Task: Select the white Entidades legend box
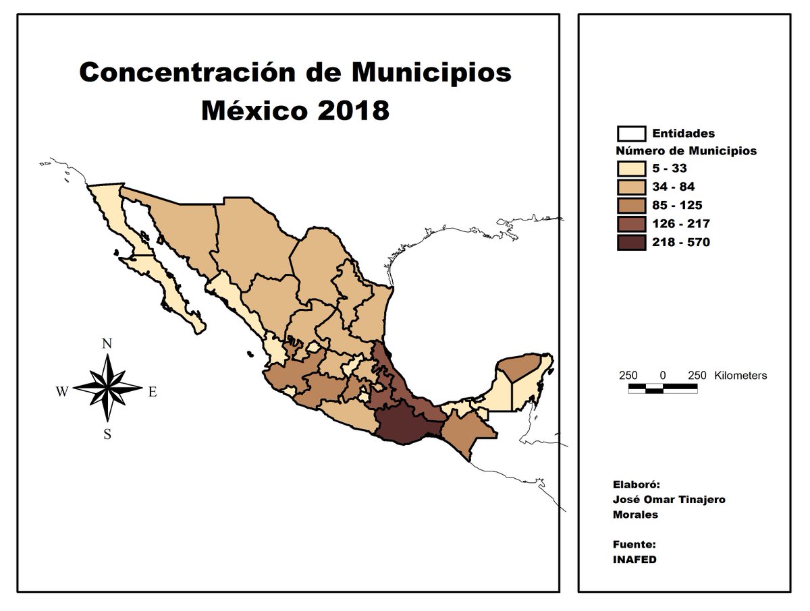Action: point(632,134)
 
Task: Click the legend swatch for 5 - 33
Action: point(632,169)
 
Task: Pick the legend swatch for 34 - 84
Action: point(632,187)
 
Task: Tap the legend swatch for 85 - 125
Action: point(632,205)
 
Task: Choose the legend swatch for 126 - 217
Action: point(632,223)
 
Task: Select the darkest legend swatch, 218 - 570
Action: point(632,241)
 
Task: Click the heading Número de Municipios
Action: point(686,151)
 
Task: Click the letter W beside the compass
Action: point(61,392)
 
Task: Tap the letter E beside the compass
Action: point(152,392)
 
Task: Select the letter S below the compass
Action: point(107,434)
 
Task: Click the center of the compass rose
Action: point(107,388)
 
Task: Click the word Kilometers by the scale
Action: point(740,376)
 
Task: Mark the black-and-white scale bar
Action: point(663,388)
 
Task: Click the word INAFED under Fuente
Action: point(634,560)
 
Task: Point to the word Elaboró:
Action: point(635,484)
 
